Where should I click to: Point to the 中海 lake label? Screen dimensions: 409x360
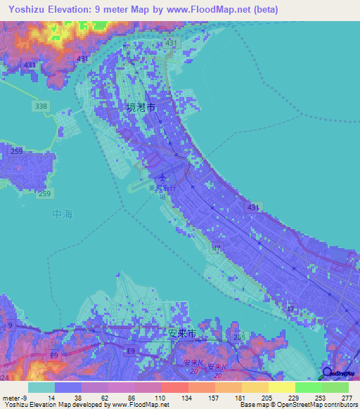[63, 213]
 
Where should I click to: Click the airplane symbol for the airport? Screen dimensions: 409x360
[163, 178]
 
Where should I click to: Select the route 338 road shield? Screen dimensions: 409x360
[42, 106]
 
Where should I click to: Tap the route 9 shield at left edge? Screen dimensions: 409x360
[11, 325]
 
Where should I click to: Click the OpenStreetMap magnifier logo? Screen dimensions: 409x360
[328, 374]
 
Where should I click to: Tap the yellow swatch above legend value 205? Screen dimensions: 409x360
[255, 387]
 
